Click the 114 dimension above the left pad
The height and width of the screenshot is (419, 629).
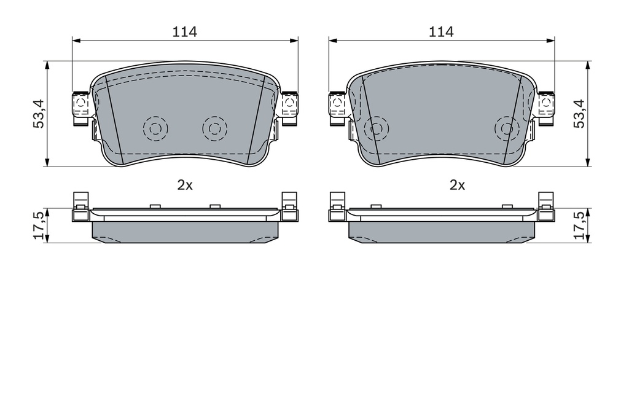pyautogui.click(x=184, y=31)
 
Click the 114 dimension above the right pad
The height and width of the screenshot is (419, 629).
pyautogui.click(x=441, y=31)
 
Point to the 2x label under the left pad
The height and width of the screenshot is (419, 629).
pyautogui.click(x=185, y=185)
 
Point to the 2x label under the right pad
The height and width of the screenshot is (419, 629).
pyautogui.click(x=457, y=185)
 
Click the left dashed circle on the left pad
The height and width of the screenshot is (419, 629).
pyautogui.click(x=155, y=129)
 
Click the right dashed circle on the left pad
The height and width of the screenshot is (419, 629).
pyautogui.click(x=214, y=129)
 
